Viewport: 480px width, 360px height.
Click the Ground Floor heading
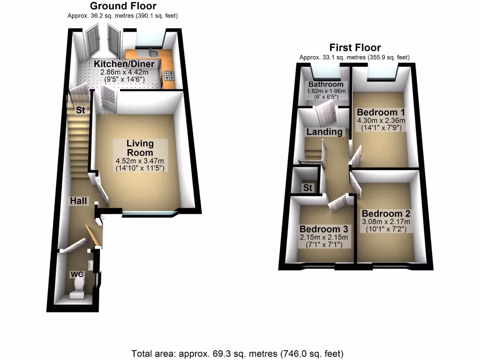click(123, 6)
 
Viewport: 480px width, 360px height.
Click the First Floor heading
click(355, 47)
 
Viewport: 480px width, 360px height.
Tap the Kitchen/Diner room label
click(123, 64)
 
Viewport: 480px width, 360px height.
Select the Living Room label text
click(140, 148)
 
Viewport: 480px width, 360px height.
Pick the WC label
click(76, 274)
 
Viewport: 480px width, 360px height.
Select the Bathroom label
click(325, 84)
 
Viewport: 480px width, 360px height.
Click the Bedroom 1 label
click(380, 112)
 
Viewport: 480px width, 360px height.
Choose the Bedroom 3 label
click(324, 229)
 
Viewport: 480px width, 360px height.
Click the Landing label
click(324, 132)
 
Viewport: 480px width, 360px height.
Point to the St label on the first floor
click(307, 188)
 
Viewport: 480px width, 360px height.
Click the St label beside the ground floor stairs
click(81, 111)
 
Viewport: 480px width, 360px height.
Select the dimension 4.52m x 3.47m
click(140, 161)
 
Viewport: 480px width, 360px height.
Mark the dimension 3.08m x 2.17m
click(386, 222)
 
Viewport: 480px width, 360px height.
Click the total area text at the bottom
click(238, 352)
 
